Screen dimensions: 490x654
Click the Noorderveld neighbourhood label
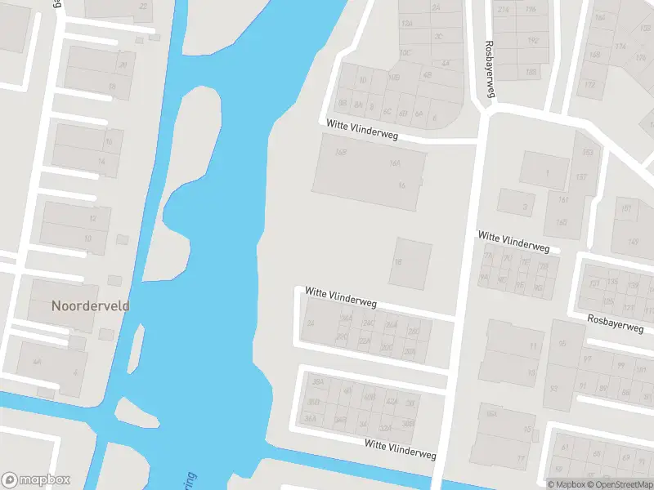pos(90,306)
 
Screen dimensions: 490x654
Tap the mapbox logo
pos(36,480)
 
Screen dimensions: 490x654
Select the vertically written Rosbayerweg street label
pos(490,69)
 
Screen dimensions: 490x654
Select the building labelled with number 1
pos(545,172)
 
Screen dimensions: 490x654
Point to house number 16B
pos(341,153)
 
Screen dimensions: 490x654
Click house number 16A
pos(395,163)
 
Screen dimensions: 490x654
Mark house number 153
pos(586,153)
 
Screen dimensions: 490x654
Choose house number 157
pos(581,177)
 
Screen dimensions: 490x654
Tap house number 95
pos(562,344)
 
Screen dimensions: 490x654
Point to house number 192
pos(533,39)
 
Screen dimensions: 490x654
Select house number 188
pos(531,71)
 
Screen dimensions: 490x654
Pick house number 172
pos(590,85)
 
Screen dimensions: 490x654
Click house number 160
pos(562,222)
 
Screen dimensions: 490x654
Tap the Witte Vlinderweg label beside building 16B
pos(361,130)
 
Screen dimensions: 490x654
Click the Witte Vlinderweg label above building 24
pos(340,296)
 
